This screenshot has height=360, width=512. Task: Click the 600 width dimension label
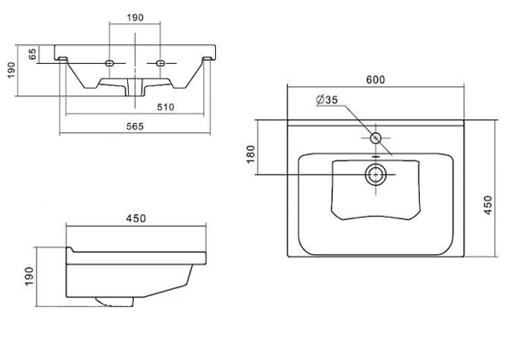point(376,79)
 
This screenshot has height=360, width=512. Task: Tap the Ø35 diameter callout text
point(327,100)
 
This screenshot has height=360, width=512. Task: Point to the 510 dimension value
point(166,106)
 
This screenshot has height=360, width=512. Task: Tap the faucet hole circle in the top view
point(376,137)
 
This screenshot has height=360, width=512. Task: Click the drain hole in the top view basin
point(376,176)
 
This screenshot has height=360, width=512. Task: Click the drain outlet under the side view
point(111,301)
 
